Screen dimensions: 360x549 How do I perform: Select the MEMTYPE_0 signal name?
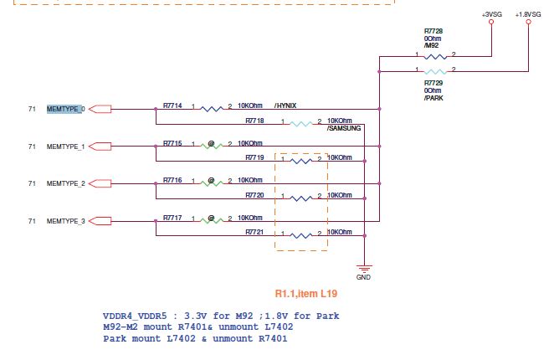66,109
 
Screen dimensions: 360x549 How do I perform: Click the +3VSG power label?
490,14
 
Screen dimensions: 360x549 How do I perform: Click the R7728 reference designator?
434,30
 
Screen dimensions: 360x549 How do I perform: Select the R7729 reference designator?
434,83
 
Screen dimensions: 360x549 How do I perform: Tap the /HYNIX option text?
285,106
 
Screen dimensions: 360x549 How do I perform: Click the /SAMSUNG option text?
344,128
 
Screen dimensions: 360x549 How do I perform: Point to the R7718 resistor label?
255,121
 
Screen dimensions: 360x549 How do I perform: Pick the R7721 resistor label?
255,232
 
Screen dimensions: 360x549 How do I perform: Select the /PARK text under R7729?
434,99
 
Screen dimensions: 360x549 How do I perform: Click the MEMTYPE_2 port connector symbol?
98,183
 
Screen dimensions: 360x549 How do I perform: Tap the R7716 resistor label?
173,180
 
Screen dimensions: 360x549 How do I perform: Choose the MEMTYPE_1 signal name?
66,147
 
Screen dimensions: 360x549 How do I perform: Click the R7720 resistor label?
255,195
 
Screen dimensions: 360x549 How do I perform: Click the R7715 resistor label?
173,143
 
